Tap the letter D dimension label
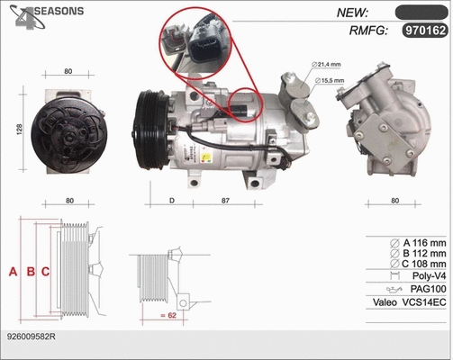click(x=171, y=201)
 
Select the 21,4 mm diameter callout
click(x=326, y=65)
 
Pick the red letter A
click(x=12, y=271)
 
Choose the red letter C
click(x=44, y=271)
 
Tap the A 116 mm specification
click(x=421, y=243)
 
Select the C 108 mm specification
click(x=421, y=265)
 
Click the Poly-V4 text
click(x=427, y=275)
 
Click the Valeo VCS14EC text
click(x=410, y=303)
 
